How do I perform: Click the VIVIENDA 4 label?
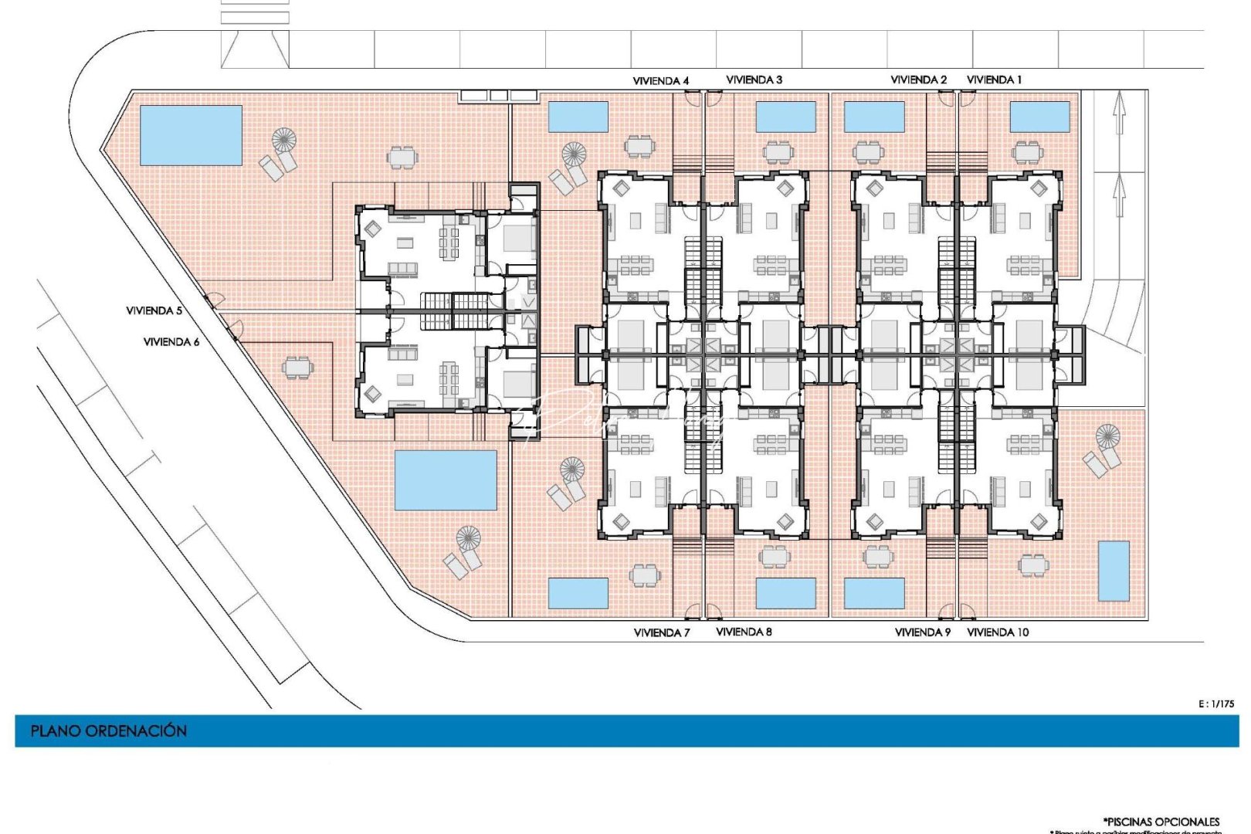tap(660, 80)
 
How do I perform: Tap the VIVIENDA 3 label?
tap(754, 80)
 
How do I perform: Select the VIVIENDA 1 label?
tap(994, 80)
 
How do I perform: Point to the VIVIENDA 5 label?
tap(154, 310)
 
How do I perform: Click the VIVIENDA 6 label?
tap(171, 341)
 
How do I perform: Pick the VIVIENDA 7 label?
tap(662, 632)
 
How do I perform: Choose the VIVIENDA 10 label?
tap(998, 632)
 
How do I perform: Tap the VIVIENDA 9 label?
tap(922, 632)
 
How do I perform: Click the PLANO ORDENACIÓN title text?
tap(109, 731)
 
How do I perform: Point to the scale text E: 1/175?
tap(1216, 703)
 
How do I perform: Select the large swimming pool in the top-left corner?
tap(191, 135)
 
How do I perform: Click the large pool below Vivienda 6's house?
tap(446, 480)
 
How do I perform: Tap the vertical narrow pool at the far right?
tap(1113, 571)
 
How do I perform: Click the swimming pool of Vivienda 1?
tap(1039, 117)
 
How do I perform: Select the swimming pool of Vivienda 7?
tap(578, 593)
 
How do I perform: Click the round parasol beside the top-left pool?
tap(284, 140)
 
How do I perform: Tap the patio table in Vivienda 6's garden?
tap(297, 368)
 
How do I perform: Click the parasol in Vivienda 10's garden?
tap(1107, 436)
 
